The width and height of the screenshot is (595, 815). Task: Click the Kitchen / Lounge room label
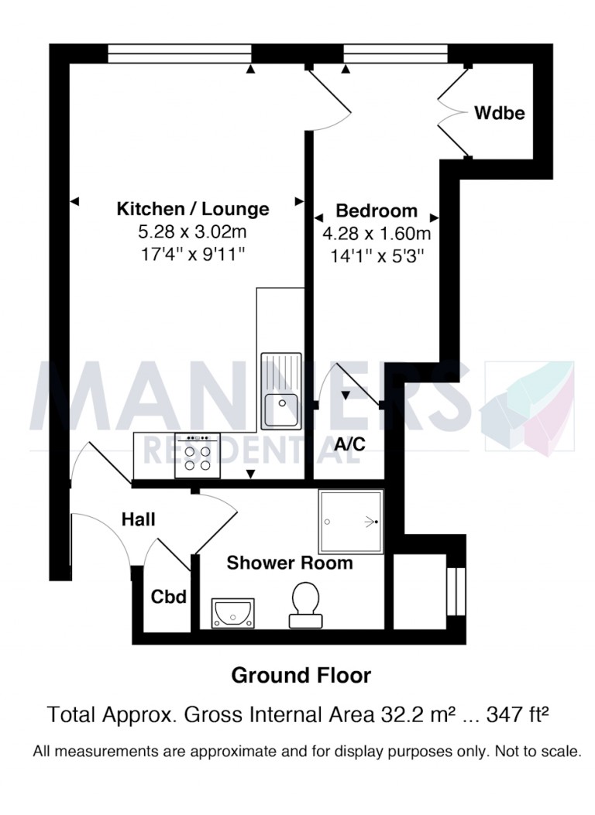[x=193, y=209]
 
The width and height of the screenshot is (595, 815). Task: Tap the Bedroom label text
[x=376, y=211]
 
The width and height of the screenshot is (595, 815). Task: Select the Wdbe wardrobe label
[x=500, y=114]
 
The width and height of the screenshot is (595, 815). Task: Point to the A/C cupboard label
[x=349, y=445]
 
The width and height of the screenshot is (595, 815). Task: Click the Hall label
[x=139, y=519]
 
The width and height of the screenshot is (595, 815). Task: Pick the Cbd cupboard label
[x=170, y=597]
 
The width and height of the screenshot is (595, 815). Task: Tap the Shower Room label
[x=289, y=563]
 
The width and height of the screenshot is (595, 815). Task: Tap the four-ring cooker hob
[x=198, y=457]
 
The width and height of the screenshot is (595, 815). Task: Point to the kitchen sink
[x=280, y=391]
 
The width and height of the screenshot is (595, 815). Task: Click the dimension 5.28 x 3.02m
[x=193, y=231]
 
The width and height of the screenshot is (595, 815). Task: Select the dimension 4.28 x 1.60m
[x=376, y=232]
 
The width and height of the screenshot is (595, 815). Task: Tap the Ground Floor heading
[x=301, y=676]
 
